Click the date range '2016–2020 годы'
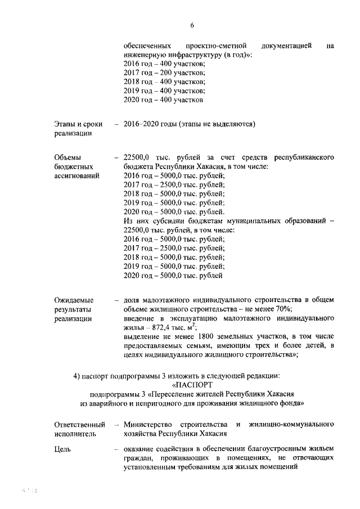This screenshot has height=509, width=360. (150, 124)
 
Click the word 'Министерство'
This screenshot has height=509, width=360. (148, 424)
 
